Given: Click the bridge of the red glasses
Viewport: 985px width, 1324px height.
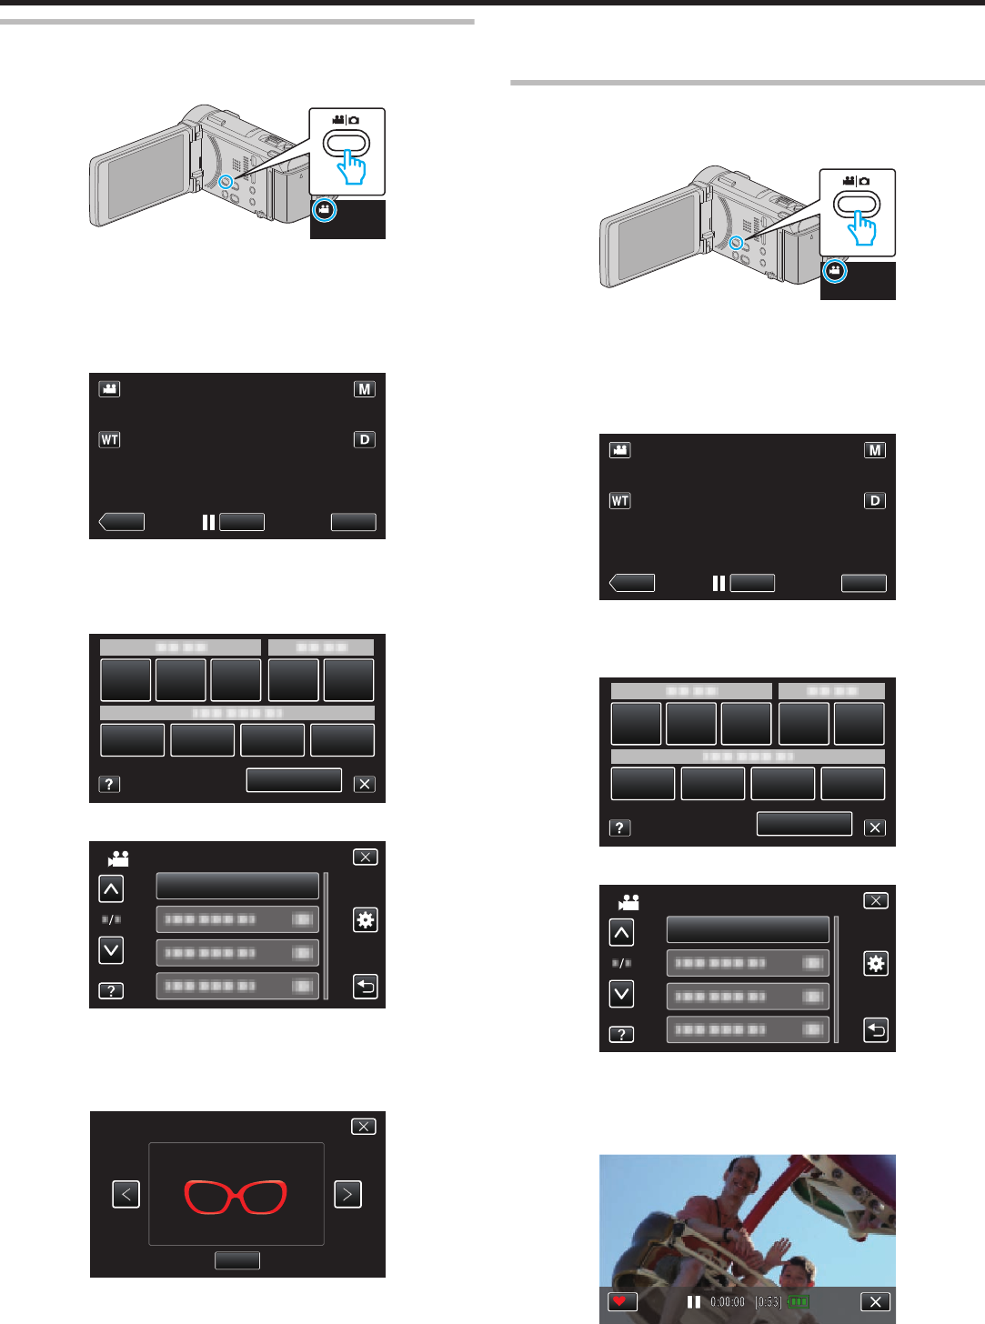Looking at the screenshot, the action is (236, 1195).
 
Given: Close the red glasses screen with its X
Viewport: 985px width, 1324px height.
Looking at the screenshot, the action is (364, 1127).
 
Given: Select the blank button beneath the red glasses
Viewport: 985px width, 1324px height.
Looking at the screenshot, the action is (237, 1259).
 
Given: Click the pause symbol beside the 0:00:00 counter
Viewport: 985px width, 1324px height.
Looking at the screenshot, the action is (694, 1301).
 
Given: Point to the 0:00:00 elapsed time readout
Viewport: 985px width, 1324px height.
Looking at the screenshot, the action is (728, 1301).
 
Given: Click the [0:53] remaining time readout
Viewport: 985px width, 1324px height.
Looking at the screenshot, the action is (769, 1301).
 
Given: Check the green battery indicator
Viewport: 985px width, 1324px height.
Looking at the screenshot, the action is (799, 1301).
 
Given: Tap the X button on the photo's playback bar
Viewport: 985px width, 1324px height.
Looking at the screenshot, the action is (875, 1301).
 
